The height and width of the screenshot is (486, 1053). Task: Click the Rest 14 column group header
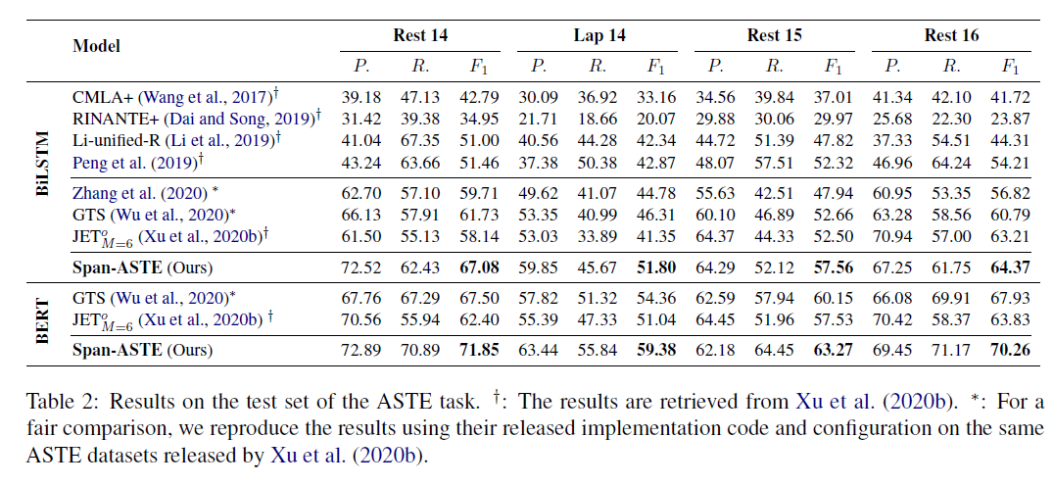click(421, 36)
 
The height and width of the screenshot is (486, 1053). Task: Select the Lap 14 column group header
click(599, 36)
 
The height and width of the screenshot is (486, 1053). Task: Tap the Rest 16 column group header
click(952, 36)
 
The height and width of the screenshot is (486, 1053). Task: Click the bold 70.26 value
click(1010, 349)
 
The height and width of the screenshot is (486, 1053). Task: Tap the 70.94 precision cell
click(892, 236)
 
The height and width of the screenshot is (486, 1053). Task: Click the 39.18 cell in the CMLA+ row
click(361, 98)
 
